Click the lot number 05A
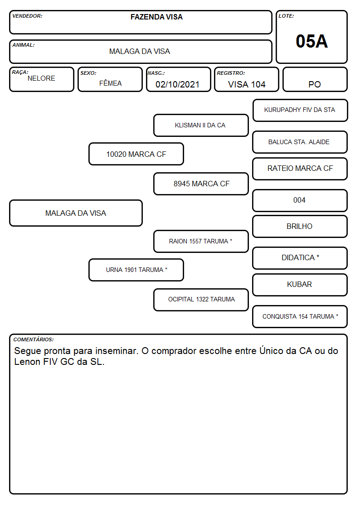point(311,41)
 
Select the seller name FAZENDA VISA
point(156,17)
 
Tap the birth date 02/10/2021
point(177,84)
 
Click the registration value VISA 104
point(247,84)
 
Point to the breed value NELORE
point(41,78)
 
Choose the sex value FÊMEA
point(110,83)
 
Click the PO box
point(315,79)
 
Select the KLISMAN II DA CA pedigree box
point(201,125)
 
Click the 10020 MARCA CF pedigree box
point(136,154)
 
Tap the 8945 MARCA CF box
point(201,184)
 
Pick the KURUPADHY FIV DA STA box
point(300,111)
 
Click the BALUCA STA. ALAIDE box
point(300,142)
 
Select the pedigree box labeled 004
point(300,201)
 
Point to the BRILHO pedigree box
point(300,227)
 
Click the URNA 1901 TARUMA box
point(136,270)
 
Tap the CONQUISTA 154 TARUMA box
point(300,317)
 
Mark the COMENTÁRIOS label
point(34,339)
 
